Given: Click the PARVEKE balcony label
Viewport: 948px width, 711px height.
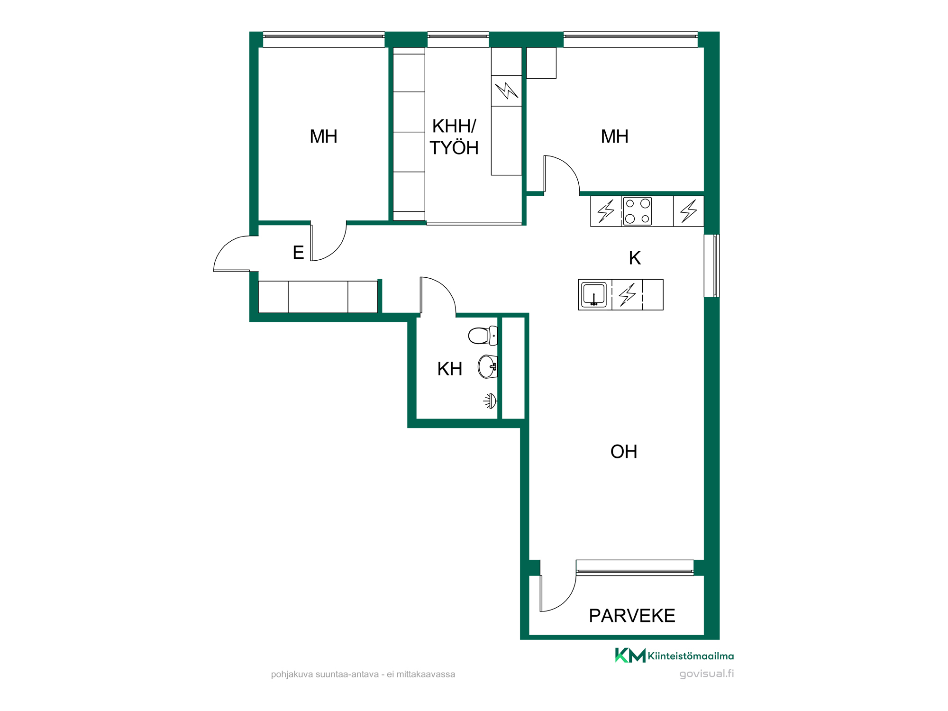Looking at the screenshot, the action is point(632,616).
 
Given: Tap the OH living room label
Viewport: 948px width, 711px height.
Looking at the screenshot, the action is point(624,452).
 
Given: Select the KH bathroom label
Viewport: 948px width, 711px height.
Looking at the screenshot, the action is point(450,369).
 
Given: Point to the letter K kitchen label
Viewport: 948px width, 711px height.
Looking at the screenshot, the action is point(635,258).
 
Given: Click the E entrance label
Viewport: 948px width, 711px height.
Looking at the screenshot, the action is point(298,253).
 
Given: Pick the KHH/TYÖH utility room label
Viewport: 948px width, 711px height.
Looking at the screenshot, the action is point(454,137).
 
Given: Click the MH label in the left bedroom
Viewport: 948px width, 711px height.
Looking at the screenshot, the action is point(323,137).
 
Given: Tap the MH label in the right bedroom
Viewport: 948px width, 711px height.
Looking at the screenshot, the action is point(615,137).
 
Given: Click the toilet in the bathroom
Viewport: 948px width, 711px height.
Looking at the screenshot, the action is point(483,336).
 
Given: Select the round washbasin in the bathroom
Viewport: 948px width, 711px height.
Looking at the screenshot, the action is point(488,367).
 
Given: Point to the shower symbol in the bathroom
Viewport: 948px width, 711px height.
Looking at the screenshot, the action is point(490,401).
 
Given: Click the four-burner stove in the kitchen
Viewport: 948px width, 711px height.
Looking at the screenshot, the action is point(637,211).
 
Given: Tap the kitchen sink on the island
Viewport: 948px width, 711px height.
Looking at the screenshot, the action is point(594,294).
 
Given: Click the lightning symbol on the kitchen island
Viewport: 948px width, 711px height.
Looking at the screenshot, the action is point(627,294).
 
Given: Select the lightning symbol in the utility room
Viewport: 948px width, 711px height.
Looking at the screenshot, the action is point(506,91).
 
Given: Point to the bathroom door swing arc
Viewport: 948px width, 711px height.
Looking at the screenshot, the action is point(444,287).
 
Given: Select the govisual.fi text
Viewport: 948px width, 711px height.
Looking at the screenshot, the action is point(706,674).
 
